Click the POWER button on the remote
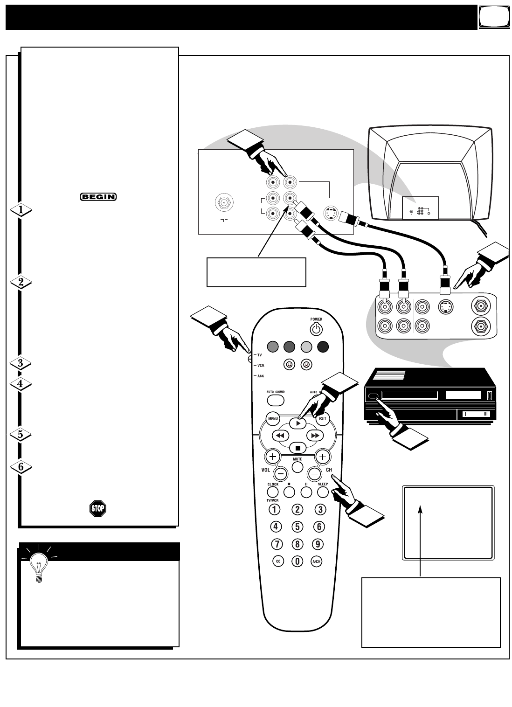[316, 329]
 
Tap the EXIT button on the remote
[322, 419]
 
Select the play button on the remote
[298, 423]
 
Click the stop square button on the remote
[298, 448]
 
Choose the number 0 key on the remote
[297, 561]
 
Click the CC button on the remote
[277, 561]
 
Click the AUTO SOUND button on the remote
[276, 400]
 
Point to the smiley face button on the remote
[290, 365]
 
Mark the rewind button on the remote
[280, 435]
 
